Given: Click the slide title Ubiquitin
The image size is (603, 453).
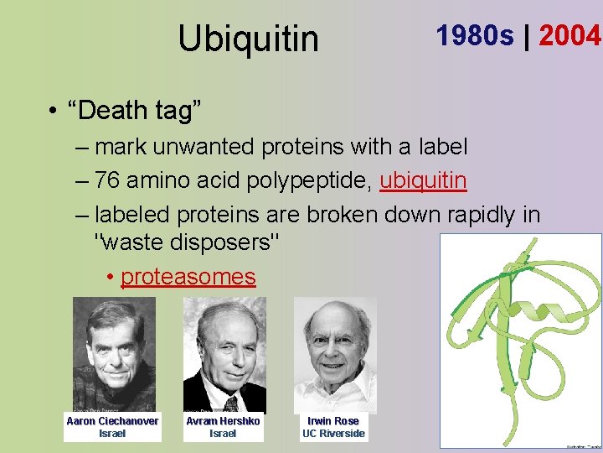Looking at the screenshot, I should [248, 39].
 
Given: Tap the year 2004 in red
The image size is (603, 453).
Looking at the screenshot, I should [570, 36].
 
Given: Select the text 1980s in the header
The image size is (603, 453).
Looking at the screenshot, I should [475, 36].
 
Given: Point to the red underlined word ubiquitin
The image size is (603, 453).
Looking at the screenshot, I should [423, 180].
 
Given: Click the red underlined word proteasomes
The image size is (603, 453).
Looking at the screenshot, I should [188, 276].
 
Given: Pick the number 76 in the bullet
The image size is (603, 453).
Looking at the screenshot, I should [107, 180].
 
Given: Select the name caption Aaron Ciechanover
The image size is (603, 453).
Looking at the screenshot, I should [112, 421].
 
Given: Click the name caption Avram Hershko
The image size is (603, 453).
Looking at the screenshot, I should [223, 421].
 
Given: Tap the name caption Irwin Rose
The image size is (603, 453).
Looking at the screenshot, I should [333, 421].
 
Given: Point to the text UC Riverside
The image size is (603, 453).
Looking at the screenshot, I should [333, 434].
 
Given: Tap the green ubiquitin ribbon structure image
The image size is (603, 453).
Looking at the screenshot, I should [520, 340].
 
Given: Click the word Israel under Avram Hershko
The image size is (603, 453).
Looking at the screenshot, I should [223, 434].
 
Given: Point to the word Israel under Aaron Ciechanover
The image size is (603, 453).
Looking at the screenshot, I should [112, 434].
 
